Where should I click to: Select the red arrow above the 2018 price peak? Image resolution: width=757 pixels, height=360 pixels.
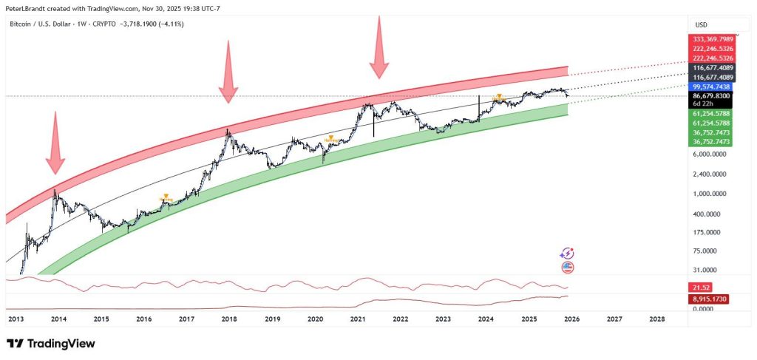click(228, 72)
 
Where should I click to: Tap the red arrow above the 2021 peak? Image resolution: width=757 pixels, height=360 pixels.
click(379, 47)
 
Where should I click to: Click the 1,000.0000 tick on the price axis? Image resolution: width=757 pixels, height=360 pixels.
click(710, 194)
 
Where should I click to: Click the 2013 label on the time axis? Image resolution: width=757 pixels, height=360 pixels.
click(16, 319)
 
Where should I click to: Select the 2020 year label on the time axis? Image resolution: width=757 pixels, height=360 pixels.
click(315, 319)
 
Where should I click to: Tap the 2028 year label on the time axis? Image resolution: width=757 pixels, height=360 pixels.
click(656, 319)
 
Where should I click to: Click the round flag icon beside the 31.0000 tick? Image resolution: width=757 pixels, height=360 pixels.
click(568, 268)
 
